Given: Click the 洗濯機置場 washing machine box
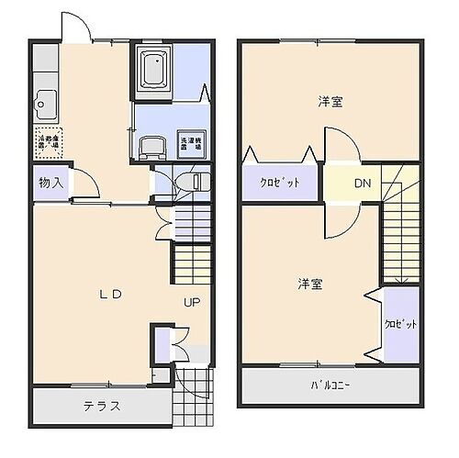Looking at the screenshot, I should click(x=188, y=142).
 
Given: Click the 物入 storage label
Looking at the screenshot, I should click(x=50, y=184).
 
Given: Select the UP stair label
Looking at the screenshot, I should click(x=191, y=302).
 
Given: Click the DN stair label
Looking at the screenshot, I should click(x=363, y=184).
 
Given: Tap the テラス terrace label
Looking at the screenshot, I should click(x=102, y=406).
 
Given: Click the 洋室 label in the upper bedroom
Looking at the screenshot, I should click(x=330, y=102).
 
